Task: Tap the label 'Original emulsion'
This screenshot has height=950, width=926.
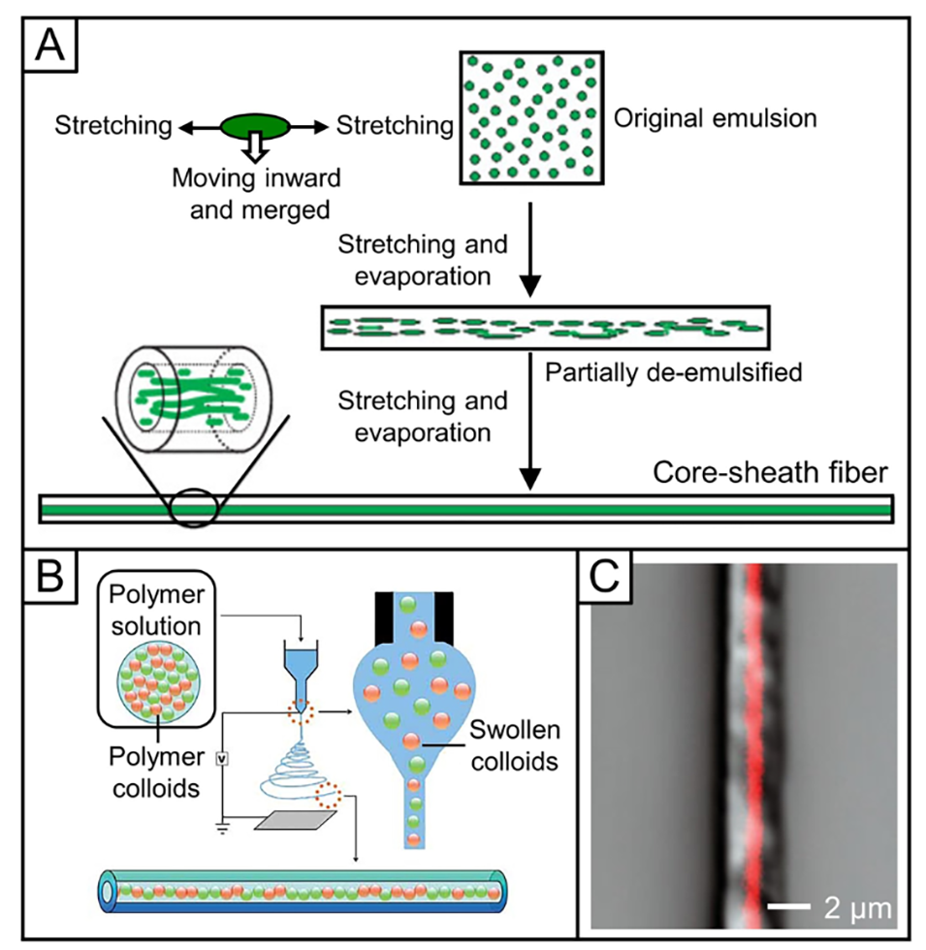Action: coord(716,121)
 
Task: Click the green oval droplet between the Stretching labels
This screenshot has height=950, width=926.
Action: coord(255,125)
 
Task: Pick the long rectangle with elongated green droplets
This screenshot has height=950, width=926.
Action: coord(544,328)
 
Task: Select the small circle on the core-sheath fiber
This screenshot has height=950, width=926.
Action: coord(193,506)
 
